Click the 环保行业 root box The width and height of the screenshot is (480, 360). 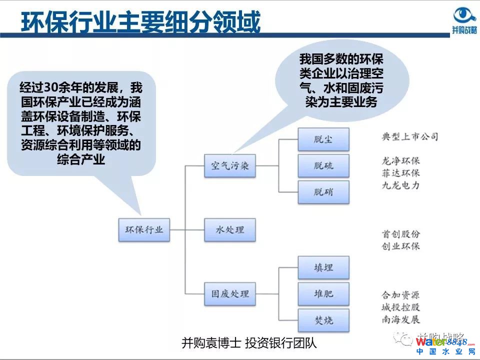144,229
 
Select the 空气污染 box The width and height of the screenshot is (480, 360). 229,166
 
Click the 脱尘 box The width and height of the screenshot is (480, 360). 323,139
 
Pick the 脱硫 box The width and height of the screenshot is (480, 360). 323,165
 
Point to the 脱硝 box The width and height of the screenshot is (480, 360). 323,192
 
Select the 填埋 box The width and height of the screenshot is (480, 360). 323,267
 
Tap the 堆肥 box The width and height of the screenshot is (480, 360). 323,293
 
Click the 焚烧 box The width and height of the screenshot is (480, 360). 323,320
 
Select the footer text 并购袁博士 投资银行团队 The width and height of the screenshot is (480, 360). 249,343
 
